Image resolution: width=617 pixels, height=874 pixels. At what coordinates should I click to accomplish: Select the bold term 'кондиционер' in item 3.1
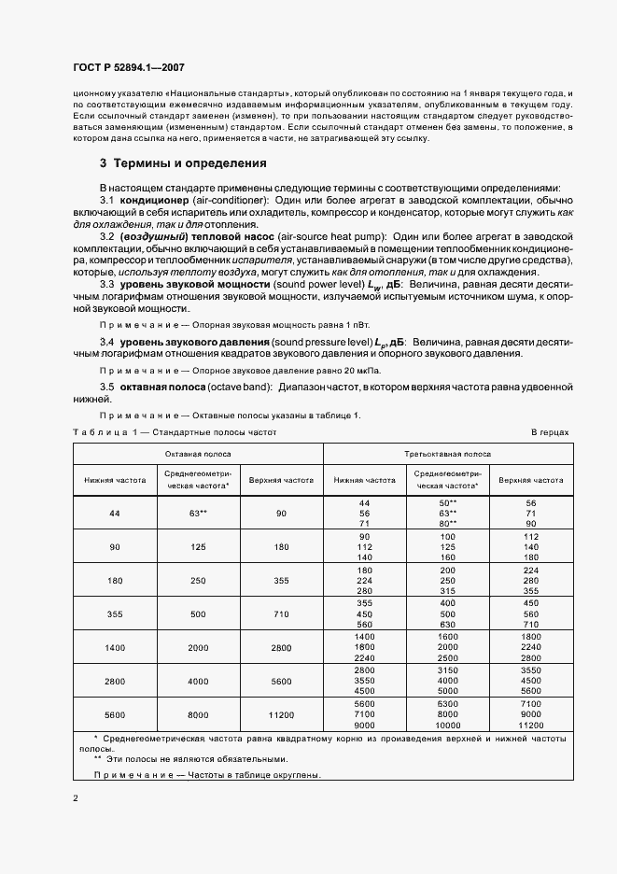(152, 201)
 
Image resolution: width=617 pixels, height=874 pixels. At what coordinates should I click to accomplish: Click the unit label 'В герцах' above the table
(550, 433)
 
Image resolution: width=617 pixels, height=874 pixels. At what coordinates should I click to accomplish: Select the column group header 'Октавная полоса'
(198, 453)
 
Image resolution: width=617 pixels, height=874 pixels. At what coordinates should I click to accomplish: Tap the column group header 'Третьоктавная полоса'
(446, 453)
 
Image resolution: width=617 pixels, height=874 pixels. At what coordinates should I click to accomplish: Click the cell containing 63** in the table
(197, 514)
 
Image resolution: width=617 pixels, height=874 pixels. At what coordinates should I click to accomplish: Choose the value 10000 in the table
(446, 725)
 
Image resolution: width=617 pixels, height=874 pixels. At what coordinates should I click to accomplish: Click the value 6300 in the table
(446, 703)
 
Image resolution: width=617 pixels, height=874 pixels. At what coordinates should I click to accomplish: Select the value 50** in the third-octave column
(446, 502)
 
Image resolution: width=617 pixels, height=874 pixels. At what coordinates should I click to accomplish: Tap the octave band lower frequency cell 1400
(116, 646)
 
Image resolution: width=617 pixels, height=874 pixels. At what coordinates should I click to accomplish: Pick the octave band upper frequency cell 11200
(280, 714)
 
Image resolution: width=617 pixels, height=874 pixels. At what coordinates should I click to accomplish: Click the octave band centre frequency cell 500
(197, 613)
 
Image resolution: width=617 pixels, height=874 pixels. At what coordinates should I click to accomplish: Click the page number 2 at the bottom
(75, 798)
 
